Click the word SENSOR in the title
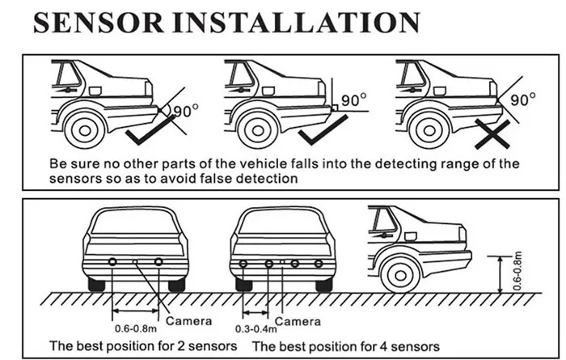tap(99, 23)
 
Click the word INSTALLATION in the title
tap(297, 23)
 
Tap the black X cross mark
tap(492, 134)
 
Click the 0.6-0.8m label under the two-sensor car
tap(136, 328)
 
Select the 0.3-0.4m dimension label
tap(256, 329)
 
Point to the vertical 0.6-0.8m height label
tap(517, 271)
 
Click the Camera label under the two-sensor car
tap(188, 320)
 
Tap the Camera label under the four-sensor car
tap(298, 321)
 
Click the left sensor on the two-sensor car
tap(112, 262)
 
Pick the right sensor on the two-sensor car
tap(158, 262)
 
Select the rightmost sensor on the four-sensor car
tap(319, 264)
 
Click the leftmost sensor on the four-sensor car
tap(243, 264)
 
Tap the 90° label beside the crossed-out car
tap(522, 100)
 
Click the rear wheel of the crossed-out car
tap(429, 130)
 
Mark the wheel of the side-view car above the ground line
tap(401, 276)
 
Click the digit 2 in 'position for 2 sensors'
tap(180, 346)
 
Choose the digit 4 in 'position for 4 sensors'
tap(383, 346)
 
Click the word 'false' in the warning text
tap(217, 178)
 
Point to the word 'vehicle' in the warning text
tap(263, 164)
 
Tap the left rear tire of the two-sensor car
tap(96, 285)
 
